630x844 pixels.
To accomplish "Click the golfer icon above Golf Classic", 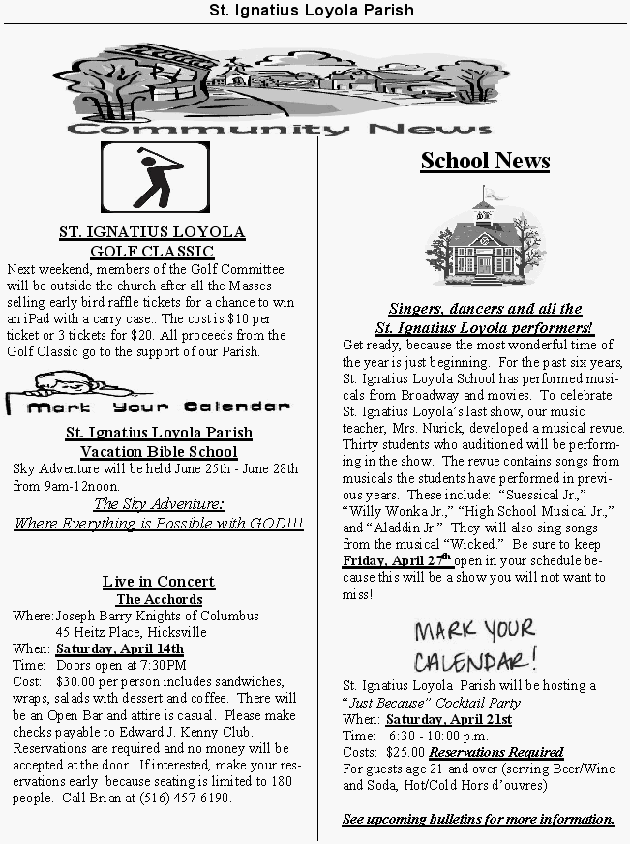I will coord(155,177).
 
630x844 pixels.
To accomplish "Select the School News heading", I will coord(485,161).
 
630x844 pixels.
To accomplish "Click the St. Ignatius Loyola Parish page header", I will coord(314,11).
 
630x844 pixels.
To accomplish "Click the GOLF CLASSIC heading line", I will coord(152,251).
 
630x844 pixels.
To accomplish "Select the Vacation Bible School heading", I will coord(159,451).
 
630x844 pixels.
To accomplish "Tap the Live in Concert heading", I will coord(159,581).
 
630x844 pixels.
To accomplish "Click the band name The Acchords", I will coord(159,599).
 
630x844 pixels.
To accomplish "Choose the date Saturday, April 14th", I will coord(120,649).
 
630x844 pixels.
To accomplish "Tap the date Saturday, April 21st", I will coord(449,719).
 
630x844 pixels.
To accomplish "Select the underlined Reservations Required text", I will coord(496,752).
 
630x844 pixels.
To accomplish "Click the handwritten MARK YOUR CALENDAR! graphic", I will coord(474,646).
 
